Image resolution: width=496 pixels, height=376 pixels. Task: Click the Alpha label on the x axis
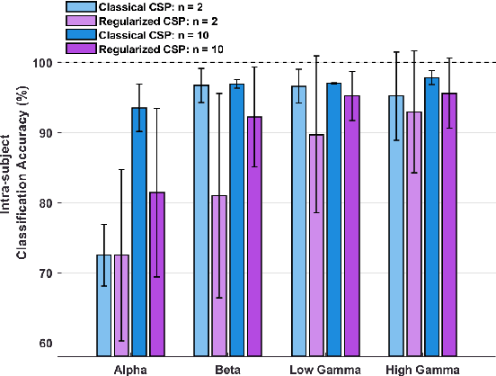130,368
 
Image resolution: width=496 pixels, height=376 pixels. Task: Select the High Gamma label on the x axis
422,368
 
